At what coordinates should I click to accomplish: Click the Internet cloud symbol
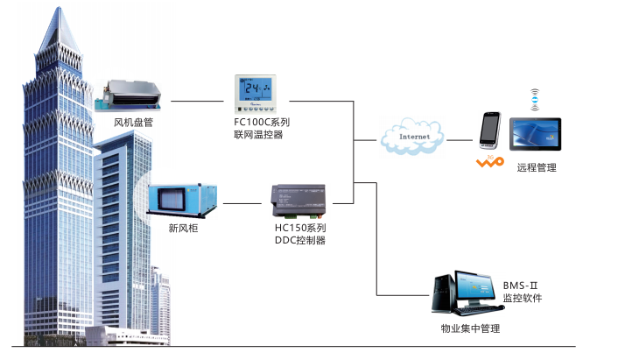click(x=412, y=138)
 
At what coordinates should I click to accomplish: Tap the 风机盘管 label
click(x=133, y=123)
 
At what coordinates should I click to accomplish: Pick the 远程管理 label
click(x=537, y=167)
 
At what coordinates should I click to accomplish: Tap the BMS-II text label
click(x=523, y=286)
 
